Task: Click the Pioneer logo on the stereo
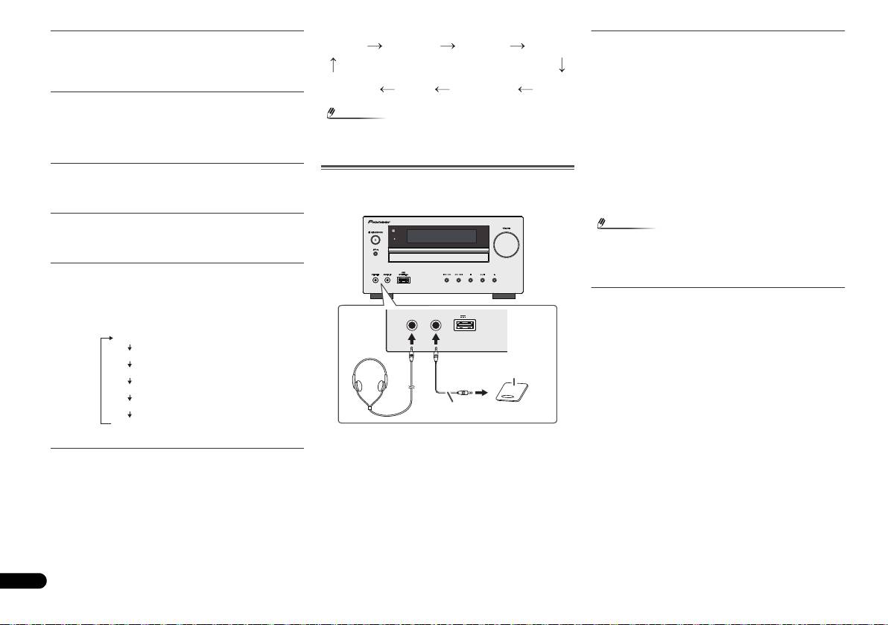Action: pyautogui.click(x=384, y=221)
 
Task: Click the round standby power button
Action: pyautogui.click(x=375, y=240)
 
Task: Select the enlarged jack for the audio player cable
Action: pyautogui.click(x=437, y=325)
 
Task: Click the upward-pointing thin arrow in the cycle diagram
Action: pyautogui.click(x=333, y=65)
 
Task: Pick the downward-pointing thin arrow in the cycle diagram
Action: pyautogui.click(x=562, y=65)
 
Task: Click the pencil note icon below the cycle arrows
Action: pyautogui.click(x=333, y=113)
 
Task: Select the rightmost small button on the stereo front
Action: pyautogui.click(x=494, y=281)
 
